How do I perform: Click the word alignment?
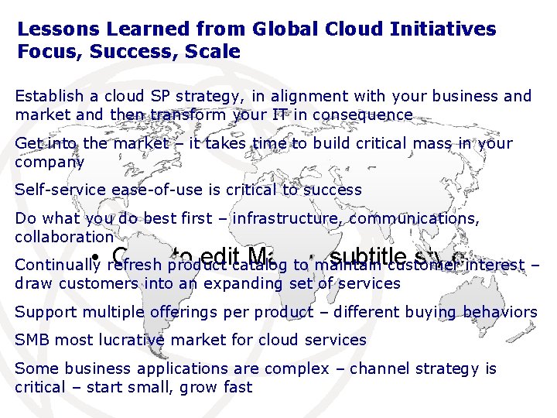(x=278, y=96)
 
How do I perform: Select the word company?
(x=49, y=163)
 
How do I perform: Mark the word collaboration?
(x=63, y=237)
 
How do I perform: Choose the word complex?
(x=304, y=368)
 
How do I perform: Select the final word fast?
(x=237, y=387)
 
